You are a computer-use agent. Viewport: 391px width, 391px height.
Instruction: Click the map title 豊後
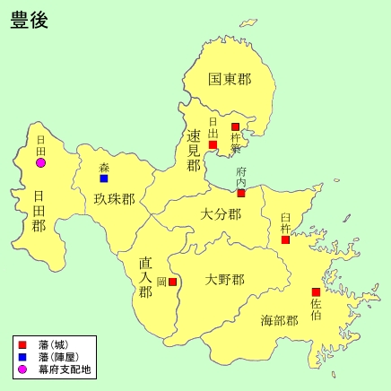point(30,21)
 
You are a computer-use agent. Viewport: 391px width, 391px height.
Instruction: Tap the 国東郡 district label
point(229,80)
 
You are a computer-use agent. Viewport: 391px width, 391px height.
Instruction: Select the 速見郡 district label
point(194,150)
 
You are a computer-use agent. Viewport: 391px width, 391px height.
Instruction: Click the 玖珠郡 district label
point(114,199)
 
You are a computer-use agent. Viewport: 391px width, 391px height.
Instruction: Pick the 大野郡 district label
point(223,280)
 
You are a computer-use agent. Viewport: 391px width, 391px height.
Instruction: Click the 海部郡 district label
point(279,320)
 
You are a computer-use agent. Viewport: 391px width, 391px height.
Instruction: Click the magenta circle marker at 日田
point(40,162)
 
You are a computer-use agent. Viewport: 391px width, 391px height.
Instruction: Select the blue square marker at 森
point(104,178)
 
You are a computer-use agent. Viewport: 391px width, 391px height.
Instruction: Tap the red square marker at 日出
point(213,144)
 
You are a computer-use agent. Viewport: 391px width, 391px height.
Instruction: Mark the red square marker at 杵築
point(236,127)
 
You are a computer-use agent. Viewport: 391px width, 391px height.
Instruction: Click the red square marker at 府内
point(241,193)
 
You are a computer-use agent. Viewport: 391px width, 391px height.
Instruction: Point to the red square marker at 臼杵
point(285,239)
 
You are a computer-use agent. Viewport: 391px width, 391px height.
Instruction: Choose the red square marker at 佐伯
point(316,292)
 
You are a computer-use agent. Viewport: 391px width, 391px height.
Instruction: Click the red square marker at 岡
point(173,282)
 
